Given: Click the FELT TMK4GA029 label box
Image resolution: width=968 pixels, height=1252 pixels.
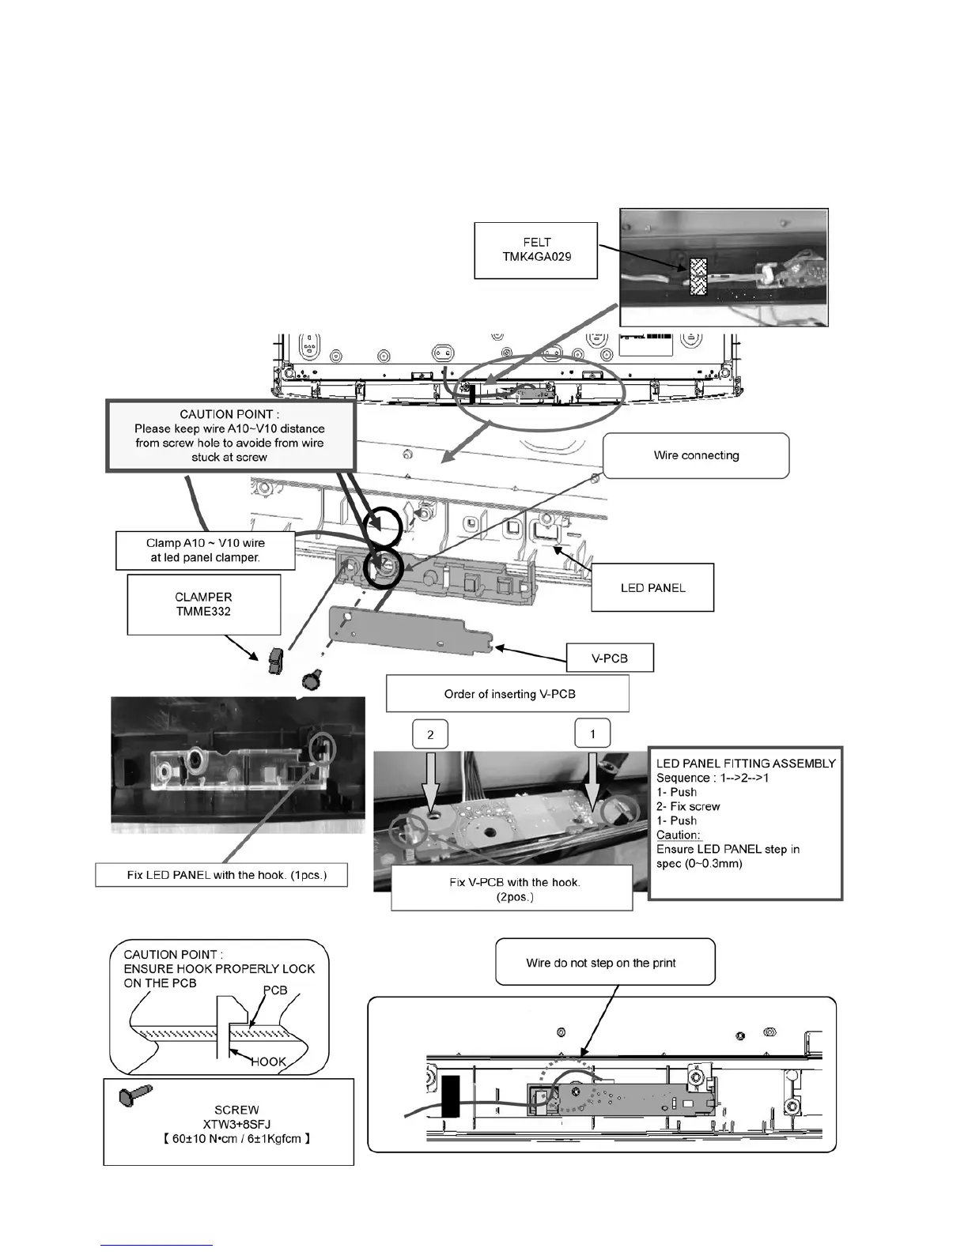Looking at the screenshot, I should [x=535, y=250].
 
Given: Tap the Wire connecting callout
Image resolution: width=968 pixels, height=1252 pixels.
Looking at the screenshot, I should [x=696, y=455].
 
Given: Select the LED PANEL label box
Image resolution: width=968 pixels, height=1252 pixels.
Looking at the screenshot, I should [x=652, y=587].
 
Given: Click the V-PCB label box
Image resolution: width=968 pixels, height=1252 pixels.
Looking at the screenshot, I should [x=610, y=658].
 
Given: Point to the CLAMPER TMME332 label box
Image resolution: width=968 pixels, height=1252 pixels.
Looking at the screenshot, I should [x=204, y=604].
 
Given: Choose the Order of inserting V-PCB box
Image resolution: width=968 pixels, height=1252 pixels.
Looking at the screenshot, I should [x=507, y=694].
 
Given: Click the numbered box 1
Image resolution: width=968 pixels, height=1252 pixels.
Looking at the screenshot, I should [x=593, y=734].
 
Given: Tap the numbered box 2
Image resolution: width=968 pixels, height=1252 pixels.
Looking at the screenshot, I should [x=430, y=734].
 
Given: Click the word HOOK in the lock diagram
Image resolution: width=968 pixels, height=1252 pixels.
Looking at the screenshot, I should [x=268, y=1062].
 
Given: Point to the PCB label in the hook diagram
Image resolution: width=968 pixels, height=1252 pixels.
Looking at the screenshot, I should [x=274, y=990].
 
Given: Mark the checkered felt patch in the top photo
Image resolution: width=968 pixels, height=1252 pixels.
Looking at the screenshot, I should [x=698, y=276].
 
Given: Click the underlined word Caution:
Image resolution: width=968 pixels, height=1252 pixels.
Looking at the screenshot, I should [x=679, y=835].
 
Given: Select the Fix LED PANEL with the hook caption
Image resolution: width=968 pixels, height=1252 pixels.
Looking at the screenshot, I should [x=221, y=875].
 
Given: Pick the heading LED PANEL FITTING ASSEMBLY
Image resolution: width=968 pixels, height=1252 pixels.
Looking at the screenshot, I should [x=745, y=764].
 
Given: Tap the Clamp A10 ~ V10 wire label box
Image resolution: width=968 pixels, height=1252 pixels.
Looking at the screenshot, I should [x=205, y=550].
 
